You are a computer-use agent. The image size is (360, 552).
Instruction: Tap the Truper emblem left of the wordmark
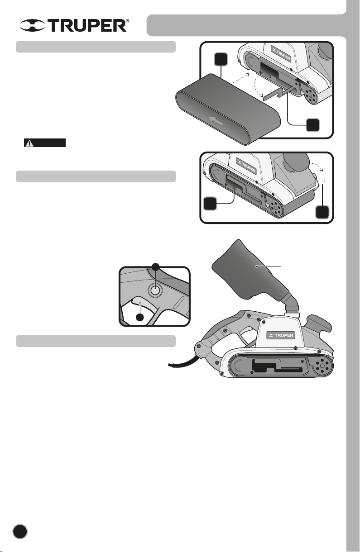(32, 25)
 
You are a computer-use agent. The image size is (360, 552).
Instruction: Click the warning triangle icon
(29, 143)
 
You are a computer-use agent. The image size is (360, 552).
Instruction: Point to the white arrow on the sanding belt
(216, 121)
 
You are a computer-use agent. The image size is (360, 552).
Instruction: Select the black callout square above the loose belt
(221, 59)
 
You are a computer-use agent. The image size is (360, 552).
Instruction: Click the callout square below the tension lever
(312, 125)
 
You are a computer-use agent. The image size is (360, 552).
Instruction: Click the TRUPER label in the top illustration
(282, 54)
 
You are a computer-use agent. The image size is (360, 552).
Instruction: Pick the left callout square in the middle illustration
(210, 204)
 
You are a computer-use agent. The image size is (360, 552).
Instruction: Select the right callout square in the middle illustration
(322, 212)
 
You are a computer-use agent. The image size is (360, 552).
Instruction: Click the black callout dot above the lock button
(156, 266)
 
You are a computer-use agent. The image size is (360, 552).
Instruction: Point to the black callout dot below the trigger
(140, 317)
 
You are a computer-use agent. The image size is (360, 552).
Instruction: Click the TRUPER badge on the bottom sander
(281, 335)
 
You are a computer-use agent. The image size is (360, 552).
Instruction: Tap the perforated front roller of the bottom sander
(321, 366)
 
